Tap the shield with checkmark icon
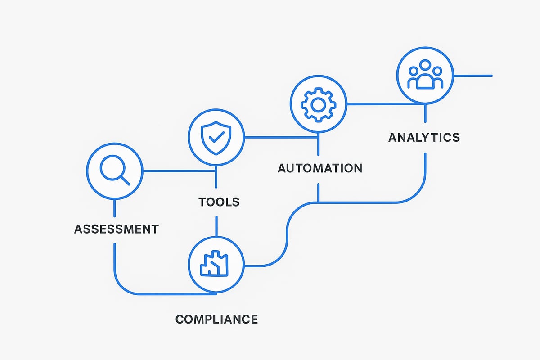[x=216, y=137]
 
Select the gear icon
[x=318, y=104]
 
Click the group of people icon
[x=425, y=75]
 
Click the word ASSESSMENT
[x=117, y=229]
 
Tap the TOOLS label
[x=219, y=202]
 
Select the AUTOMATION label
[x=320, y=168]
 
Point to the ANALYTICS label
[x=424, y=137]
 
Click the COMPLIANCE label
[x=216, y=319]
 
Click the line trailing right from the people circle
[x=472, y=76]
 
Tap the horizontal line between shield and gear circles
[x=266, y=137]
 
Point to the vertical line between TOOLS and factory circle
[x=216, y=226]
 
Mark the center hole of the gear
[x=318, y=104]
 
